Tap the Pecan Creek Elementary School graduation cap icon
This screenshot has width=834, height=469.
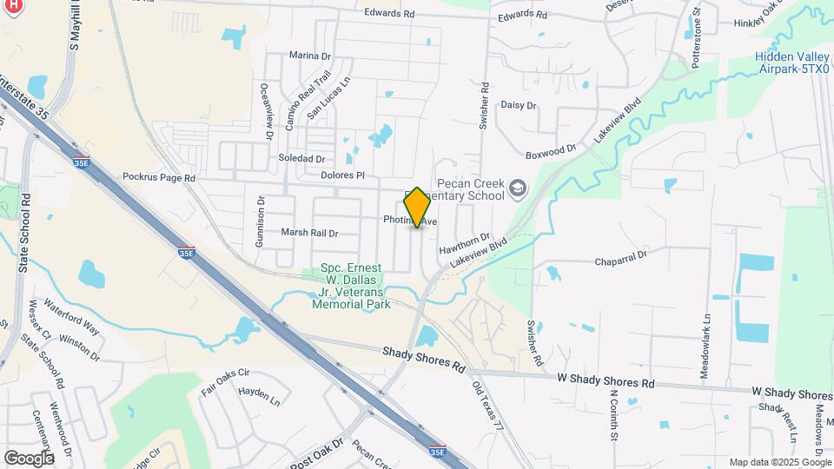click(x=519, y=188)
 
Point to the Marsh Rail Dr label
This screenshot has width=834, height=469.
click(x=308, y=233)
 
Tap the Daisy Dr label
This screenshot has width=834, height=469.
click(x=519, y=105)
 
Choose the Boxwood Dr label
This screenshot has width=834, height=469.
click(x=552, y=151)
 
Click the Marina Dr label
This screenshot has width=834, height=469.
click(x=310, y=56)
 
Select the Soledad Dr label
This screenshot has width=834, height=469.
click(x=302, y=160)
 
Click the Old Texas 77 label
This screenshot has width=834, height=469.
click(x=488, y=407)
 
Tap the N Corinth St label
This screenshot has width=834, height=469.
click(x=613, y=416)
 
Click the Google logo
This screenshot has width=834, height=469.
click(x=29, y=458)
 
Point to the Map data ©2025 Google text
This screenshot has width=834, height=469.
click(x=780, y=462)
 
